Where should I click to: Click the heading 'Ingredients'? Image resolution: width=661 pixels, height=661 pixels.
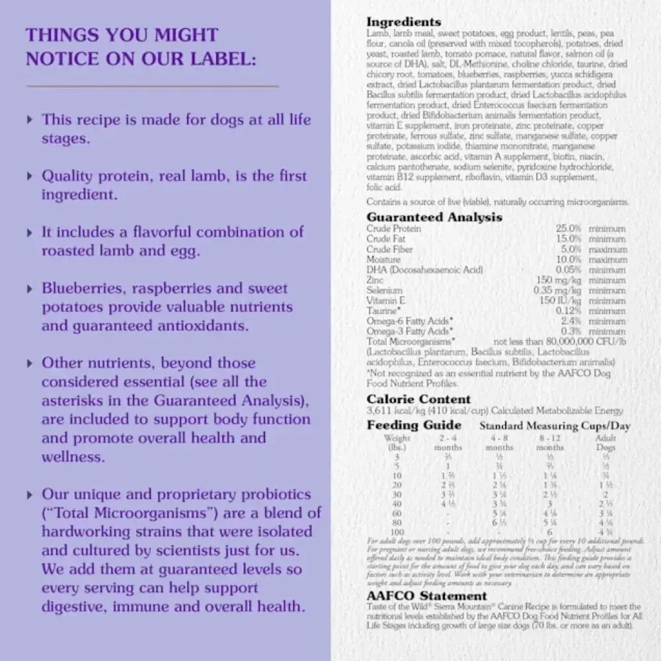[x=403, y=22]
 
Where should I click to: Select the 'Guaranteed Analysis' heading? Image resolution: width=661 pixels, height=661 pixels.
[x=434, y=217]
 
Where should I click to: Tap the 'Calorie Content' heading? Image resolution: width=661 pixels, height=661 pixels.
[x=418, y=399]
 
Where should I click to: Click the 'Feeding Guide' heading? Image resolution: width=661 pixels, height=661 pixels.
[x=414, y=425]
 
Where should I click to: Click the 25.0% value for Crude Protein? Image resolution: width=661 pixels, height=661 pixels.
[x=568, y=229]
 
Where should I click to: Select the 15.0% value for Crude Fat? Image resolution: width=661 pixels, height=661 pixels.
[x=568, y=239]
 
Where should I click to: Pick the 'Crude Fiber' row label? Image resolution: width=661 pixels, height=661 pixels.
[x=389, y=249]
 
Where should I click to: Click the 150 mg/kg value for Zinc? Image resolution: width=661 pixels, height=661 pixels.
[x=560, y=280]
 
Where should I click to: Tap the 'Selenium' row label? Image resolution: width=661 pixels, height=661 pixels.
[x=384, y=290]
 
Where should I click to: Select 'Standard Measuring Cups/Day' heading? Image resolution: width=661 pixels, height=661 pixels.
[x=555, y=426]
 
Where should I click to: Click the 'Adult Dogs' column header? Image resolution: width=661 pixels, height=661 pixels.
[x=605, y=442]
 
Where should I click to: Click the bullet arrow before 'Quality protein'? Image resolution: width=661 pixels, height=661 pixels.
[x=29, y=176]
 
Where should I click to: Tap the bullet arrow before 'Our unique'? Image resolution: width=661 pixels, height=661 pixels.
[x=29, y=494]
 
